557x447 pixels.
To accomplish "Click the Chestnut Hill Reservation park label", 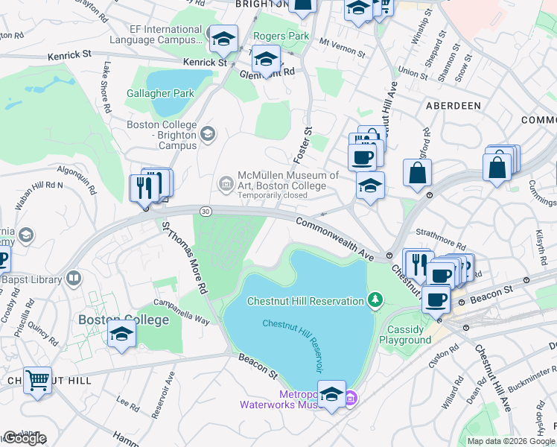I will (x=305, y=300).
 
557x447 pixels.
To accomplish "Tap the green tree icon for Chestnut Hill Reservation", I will (x=377, y=300).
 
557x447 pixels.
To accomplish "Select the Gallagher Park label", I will (x=160, y=93).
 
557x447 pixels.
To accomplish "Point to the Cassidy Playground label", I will (x=405, y=335).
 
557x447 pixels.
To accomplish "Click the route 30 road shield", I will (x=206, y=212).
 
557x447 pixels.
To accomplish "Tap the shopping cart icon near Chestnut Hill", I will (x=37, y=381).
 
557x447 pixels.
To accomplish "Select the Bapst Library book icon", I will (x=74, y=279).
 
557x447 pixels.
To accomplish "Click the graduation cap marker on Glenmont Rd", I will (x=266, y=58).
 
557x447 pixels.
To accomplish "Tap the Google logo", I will (x=25, y=438).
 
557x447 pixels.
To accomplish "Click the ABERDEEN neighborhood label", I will (x=453, y=106).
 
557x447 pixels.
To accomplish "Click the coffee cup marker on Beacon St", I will (x=436, y=300).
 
